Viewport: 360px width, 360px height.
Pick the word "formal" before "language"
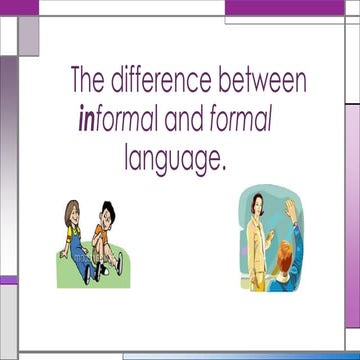tap(241, 121)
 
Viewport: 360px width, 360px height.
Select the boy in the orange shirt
tap(104, 240)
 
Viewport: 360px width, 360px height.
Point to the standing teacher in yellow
tap(258, 240)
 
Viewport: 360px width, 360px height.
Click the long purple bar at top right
tap(284, 8)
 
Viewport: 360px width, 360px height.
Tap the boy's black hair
tap(108, 209)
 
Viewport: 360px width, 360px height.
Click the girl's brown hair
tap(72, 207)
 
